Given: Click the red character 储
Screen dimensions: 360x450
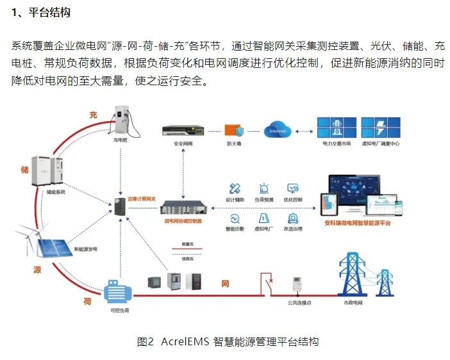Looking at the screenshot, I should pyautogui.click(x=25, y=169).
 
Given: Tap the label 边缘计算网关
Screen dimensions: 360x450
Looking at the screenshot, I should pyautogui.click(x=142, y=199).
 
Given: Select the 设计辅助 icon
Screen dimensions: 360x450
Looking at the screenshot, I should pyautogui.click(x=235, y=189).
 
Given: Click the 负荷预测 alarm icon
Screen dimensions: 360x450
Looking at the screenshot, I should pyautogui.click(x=263, y=189).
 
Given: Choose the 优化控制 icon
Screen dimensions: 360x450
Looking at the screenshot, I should pyautogui.click(x=293, y=189).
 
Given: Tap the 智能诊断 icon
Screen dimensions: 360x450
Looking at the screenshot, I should pyautogui.click(x=235, y=218).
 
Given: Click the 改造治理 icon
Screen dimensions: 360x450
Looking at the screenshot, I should pyautogui.click(x=293, y=218).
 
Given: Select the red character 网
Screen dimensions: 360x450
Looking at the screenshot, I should pyautogui.click(x=225, y=282).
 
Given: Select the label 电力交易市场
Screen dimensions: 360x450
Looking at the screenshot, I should pyautogui.click(x=337, y=144).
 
